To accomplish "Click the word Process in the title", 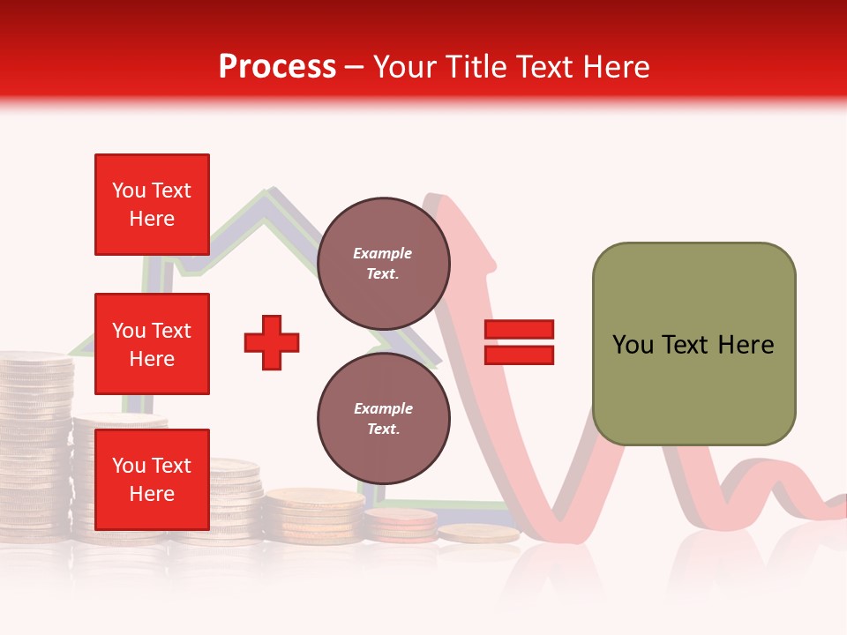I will click(277, 67).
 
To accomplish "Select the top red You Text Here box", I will click(152, 205).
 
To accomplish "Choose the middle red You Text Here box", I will click(152, 344).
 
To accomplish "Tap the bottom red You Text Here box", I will click(152, 479).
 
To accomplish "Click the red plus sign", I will click(272, 343).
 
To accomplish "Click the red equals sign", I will click(519, 342).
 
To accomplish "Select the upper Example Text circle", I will click(383, 263).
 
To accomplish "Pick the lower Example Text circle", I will click(383, 418).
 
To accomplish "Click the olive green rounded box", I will click(693, 344).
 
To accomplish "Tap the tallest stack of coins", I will click(35, 441).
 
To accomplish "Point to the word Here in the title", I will click(618, 67).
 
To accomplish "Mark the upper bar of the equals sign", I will click(519, 330).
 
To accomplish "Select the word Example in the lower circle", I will click(383, 408).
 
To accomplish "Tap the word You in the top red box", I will click(129, 190).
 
